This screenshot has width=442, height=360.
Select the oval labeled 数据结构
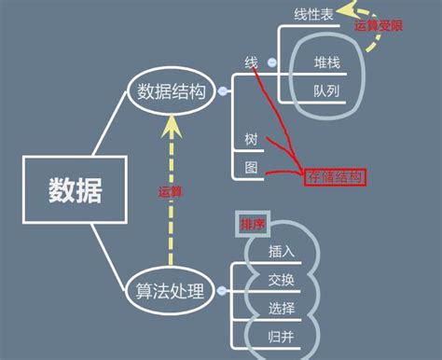(170, 90)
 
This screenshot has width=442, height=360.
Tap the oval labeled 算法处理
(170, 290)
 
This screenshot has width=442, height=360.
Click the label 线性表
(313, 14)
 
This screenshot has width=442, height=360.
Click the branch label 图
(251, 168)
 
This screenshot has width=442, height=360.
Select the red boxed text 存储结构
(333, 176)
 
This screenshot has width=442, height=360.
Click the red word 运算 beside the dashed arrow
(170, 191)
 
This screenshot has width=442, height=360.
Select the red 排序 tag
(253, 225)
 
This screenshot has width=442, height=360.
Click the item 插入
(282, 251)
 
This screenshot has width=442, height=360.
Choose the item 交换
(282, 280)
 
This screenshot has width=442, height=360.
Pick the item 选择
(282, 308)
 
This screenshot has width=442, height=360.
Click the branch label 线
(251, 62)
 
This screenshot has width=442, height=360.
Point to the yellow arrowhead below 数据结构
(170, 122)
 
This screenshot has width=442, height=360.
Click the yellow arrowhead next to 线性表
(347, 10)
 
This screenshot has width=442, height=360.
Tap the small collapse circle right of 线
(271, 62)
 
